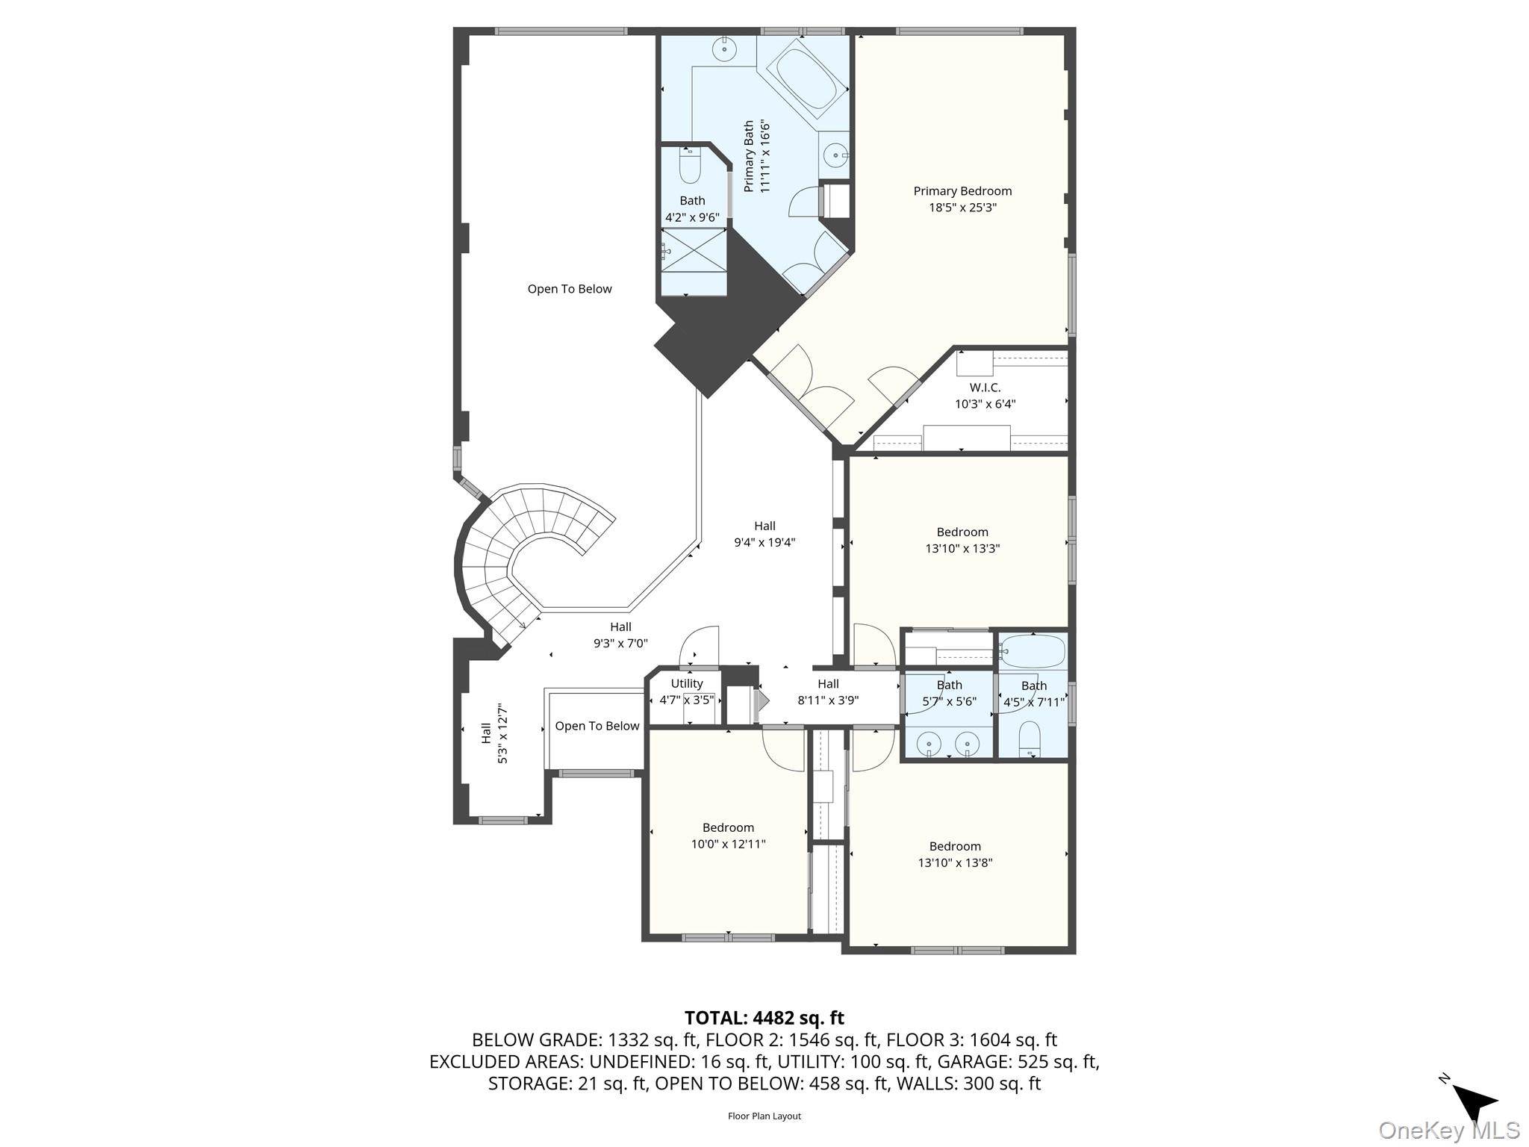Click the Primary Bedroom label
tap(962, 191)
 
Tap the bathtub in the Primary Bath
tap(806, 78)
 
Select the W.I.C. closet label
tap(985, 388)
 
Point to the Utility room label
tap(686, 684)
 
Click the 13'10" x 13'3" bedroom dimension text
tap(962, 549)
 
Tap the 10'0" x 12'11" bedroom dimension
tap(728, 845)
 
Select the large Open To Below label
tap(569, 289)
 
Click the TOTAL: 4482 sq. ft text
tap(764, 1018)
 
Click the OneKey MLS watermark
tap(1448, 1131)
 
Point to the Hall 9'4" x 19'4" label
tap(764, 534)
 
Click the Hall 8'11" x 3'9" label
tap(828, 692)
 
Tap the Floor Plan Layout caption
tap(764, 1116)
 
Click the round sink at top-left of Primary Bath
tap(723, 49)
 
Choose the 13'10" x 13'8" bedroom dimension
tap(955, 863)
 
